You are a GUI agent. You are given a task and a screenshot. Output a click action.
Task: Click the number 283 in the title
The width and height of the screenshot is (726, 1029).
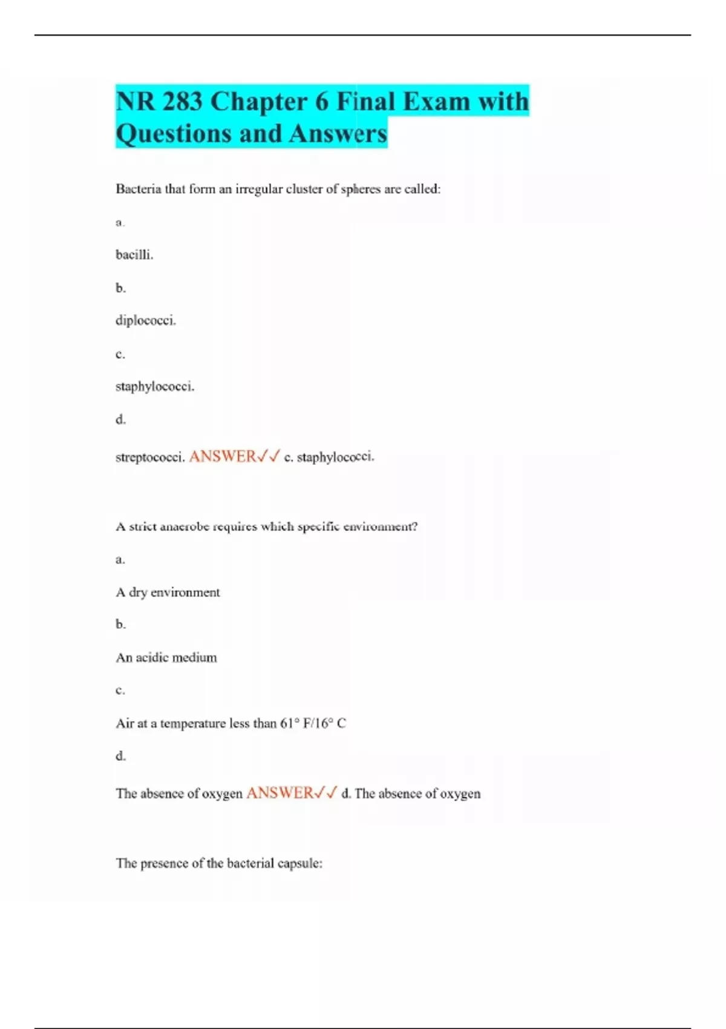click(182, 102)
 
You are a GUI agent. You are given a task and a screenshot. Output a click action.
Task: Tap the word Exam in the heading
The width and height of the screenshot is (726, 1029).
click(436, 102)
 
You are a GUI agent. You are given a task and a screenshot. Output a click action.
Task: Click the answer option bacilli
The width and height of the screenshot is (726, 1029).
click(134, 255)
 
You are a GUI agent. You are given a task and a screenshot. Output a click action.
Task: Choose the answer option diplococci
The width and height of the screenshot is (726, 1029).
click(146, 320)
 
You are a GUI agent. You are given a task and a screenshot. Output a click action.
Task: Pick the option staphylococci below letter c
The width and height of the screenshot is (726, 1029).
click(155, 386)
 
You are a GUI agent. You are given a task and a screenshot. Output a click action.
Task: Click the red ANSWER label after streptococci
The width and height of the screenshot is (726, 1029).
click(223, 456)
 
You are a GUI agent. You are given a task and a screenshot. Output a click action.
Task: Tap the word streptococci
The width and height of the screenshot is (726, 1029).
click(150, 458)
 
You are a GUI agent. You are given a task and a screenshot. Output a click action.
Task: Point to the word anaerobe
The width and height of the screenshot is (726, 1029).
click(185, 527)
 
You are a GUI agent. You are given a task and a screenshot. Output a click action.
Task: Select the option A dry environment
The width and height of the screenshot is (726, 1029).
click(168, 592)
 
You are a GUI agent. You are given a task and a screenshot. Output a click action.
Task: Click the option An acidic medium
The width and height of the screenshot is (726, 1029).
click(166, 657)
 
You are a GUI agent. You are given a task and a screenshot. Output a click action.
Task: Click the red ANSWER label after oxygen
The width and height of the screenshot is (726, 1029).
click(280, 793)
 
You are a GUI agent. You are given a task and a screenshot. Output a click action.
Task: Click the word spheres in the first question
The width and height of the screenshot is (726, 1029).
click(361, 189)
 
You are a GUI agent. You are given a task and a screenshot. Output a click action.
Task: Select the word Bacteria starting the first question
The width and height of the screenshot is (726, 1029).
click(139, 189)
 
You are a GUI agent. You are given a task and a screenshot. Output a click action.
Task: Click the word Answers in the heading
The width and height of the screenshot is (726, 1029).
click(338, 134)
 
